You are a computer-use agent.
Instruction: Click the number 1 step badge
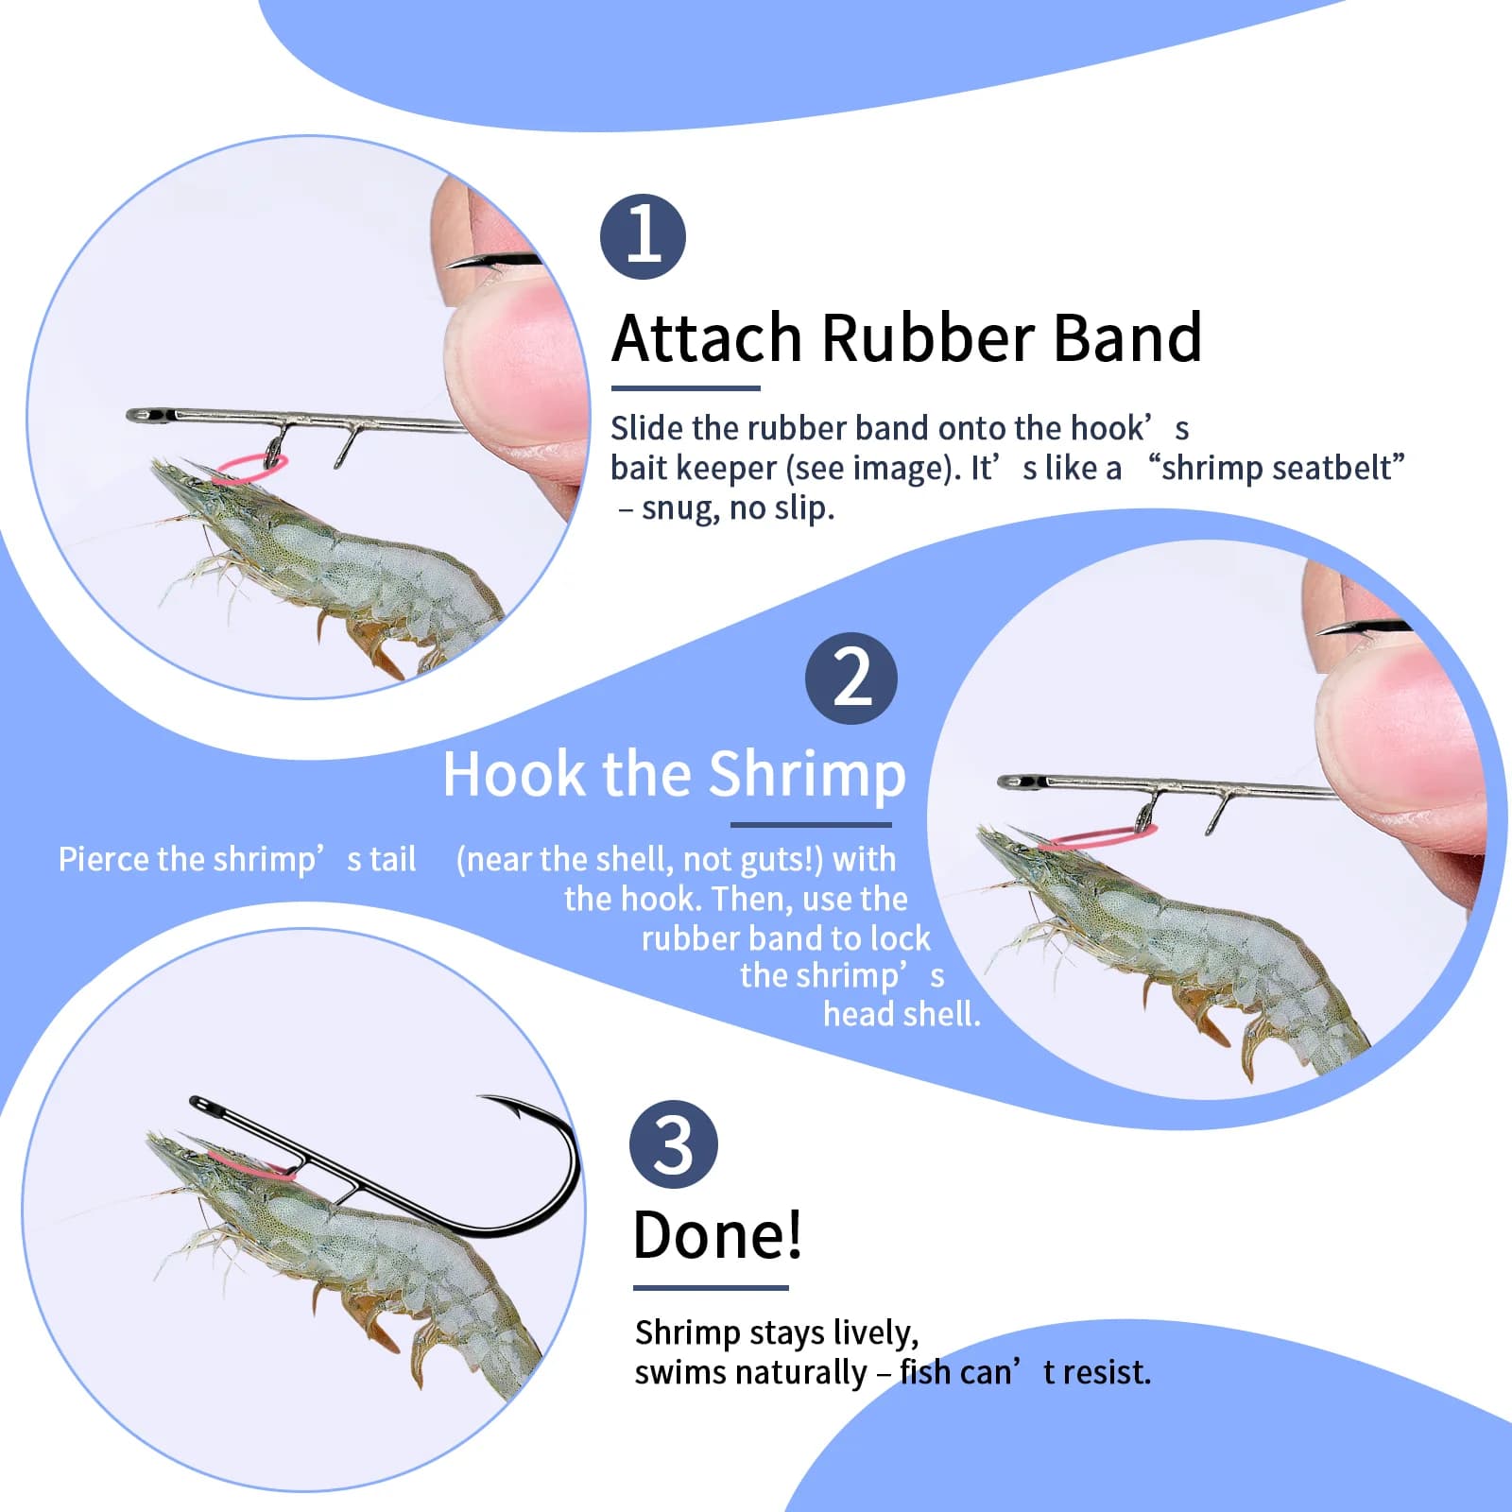[x=643, y=236]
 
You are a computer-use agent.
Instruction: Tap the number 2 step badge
[x=851, y=679]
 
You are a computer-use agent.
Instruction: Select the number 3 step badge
[x=674, y=1144]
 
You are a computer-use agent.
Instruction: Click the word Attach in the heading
[x=707, y=337]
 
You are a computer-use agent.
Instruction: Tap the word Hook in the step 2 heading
[x=514, y=775]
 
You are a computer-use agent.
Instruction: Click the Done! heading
[x=717, y=1235]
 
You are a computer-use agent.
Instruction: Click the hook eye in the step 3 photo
[x=198, y=1103]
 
